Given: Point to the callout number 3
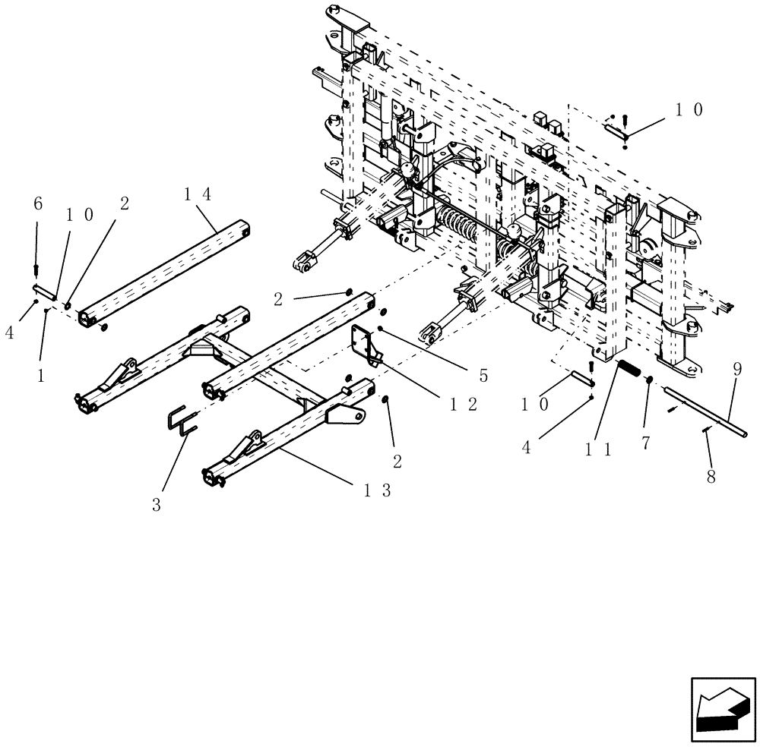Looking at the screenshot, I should click(156, 505).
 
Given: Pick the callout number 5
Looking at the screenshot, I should click(483, 375).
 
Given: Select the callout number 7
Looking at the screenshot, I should click(645, 443).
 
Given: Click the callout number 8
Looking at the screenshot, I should click(711, 478).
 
